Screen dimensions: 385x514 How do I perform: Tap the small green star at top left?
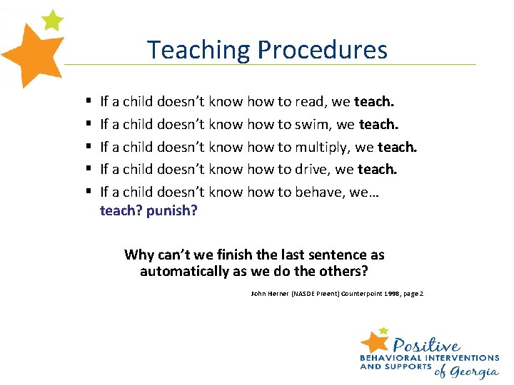point(52,19)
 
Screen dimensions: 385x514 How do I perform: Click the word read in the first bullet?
point(308,102)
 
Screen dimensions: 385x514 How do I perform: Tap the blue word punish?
point(171,210)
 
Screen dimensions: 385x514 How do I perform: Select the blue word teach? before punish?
point(121,210)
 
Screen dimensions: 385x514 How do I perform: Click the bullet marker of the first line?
point(86,103)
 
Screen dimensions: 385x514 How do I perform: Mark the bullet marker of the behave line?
point(86,192)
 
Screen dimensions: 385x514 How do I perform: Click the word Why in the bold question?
point(138,255)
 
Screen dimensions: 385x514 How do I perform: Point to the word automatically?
point(186,271)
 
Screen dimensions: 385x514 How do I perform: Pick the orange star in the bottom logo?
point(376,341)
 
